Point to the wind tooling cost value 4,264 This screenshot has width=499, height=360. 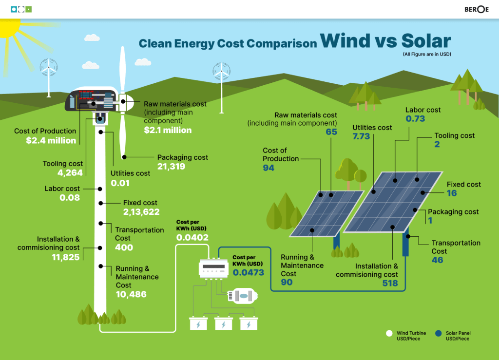pyautogui.click(x=70, y=172)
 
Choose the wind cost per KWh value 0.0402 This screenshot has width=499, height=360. pyautogui.click(x=192, y=238)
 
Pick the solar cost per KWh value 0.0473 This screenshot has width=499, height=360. pyautogui.click(x=249, y=272)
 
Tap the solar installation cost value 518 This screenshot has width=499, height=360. pyautogui.click(x=390, y=283)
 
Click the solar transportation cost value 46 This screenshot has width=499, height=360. pyautogui.click(x=438, y=260)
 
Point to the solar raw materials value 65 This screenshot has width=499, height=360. pyautogui.click(x=331, y=132)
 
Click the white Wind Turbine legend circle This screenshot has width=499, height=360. pyautogui.click(x=389, y=334)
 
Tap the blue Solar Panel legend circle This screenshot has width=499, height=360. pyautogui.click(x=439, y=334)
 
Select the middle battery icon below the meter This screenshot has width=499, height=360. pyautogui.click(x=223, y=323)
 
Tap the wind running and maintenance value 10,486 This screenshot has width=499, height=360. pyautogui.click(x=131, y=294)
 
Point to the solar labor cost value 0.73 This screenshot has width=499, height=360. pyautogui.click(x=415, y=119)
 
